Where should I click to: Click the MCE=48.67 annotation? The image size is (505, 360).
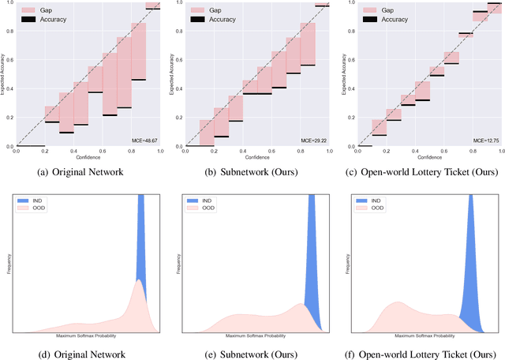pyautogui.click(x=146, y=140)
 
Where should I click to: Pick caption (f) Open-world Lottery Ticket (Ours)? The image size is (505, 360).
pyautogui.click(x=421, y=354)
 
